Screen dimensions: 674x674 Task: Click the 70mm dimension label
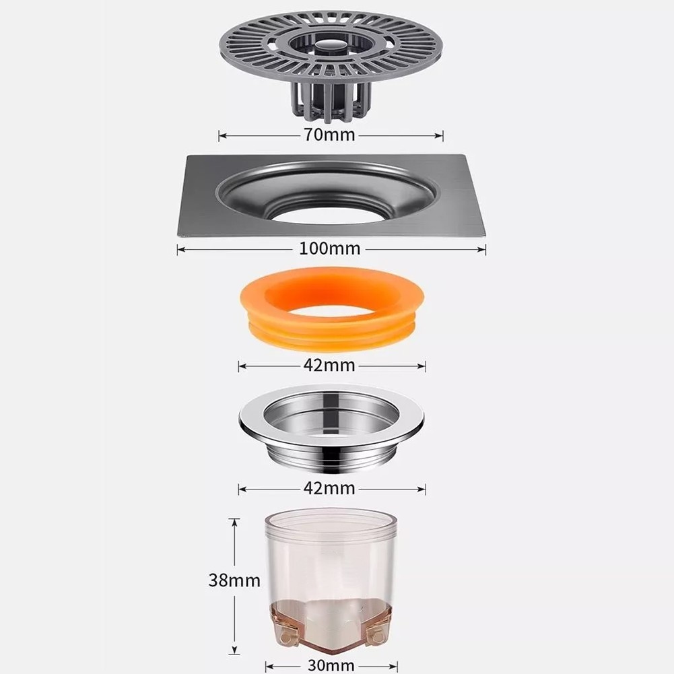pyautogui.click(x=330, y=135)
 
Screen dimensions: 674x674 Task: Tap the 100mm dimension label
pyautogui.click(x=330, y=249)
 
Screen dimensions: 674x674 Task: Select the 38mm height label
pyautogui.click(x=234, y=580)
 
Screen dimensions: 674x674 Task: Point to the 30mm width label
pyautogui.click(x=331, y=665)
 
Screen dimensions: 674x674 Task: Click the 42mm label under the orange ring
pyautogui.click(x=330, y=366)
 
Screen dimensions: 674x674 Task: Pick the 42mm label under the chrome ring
pyautogui.click(x=330, y=489)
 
